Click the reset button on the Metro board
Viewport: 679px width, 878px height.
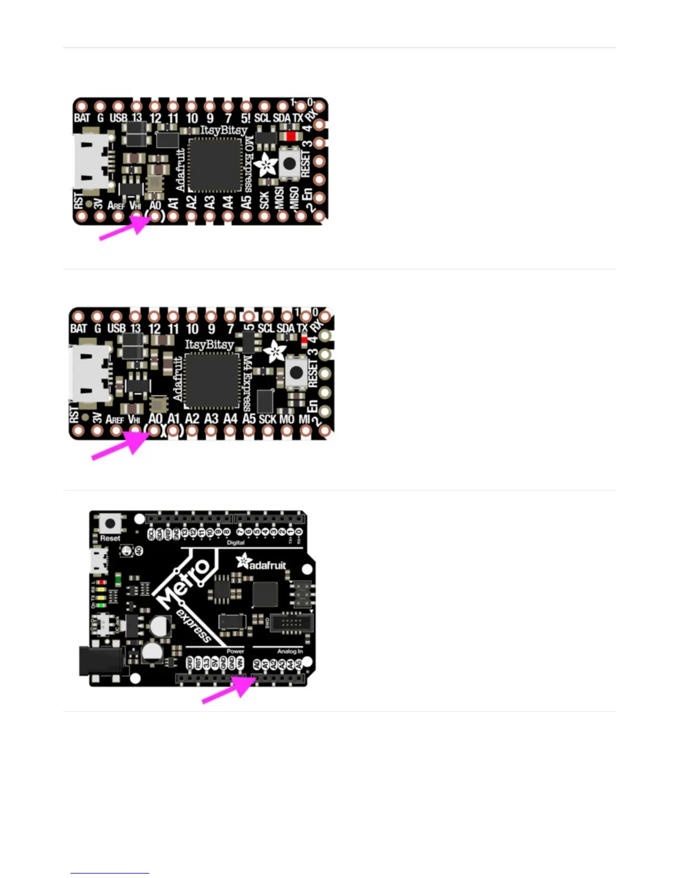point(110,523)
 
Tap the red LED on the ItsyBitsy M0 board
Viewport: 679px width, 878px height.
point(290,135)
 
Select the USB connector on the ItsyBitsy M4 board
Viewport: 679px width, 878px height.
point(89,372)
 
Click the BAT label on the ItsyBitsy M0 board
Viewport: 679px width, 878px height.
point(82,118)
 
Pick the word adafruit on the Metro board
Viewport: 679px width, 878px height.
point(267,565)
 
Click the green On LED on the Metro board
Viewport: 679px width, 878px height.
point(118,580)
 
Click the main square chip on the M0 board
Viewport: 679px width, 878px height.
point(214,164)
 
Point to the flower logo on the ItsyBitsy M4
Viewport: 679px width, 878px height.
point(275,350)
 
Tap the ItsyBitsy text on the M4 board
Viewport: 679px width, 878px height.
point(209,344)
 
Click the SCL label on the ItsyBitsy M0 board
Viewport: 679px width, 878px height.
point(262,118)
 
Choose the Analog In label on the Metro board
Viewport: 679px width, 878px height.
point(290,651)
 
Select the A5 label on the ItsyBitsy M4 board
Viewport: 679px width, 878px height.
point(249,418)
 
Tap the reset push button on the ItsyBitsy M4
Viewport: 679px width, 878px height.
point(297,372)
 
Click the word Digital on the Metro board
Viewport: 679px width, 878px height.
point(236,543)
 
